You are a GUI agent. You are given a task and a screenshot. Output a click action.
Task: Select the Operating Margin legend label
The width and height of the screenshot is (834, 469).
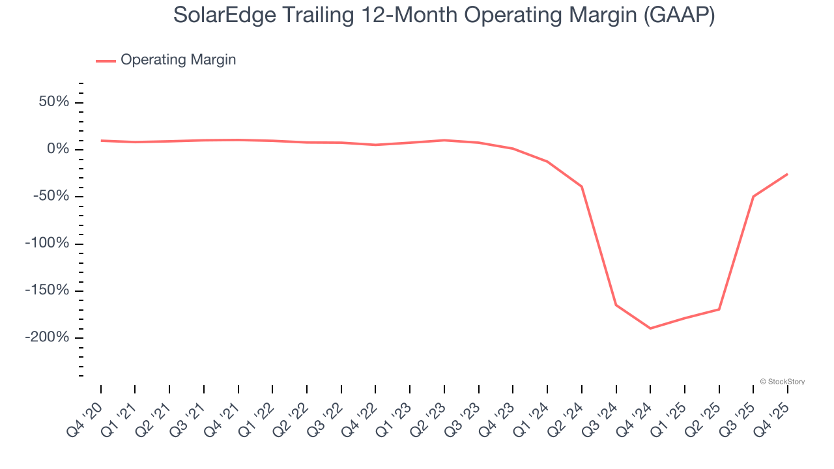pyautogui.click(x=178, y=60)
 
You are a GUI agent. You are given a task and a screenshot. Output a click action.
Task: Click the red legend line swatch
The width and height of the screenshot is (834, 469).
pyautogui.click(x=106, y=61)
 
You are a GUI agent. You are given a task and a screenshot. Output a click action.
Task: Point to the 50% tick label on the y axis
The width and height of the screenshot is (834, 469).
pyautogui.click(x=53, y=102)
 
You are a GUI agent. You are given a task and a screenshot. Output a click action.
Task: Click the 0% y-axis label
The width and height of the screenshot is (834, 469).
pyautogui.click(x=59, y=150)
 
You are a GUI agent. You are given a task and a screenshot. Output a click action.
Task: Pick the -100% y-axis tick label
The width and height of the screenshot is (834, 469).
pyautogui.click(x=47, y=244)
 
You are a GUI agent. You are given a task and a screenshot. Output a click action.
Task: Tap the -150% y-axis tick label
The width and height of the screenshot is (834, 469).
pyautogui.click(x=47, y=291)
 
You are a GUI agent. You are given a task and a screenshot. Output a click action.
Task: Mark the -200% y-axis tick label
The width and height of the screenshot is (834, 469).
pyautogui.click(x=47, y=337)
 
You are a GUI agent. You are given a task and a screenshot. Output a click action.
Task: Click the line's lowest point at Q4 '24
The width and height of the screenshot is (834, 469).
pyautogui.click(x=650, y=328)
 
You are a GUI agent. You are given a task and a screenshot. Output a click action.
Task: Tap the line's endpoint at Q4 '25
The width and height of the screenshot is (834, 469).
pyautogui.click(x=787, y=174)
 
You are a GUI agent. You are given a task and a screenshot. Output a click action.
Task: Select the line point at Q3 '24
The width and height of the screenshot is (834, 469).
pyautogui.click(x=616, y=305)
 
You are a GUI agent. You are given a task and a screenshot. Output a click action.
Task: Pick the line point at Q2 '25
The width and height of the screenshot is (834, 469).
pyautogui.click(x=719, y=309)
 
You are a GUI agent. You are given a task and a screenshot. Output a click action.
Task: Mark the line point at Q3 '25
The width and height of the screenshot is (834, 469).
pyautogui.click(x=753, y=197)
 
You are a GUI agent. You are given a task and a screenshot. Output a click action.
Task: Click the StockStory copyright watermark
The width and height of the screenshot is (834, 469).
pyautogui.click(x=782, y=382)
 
